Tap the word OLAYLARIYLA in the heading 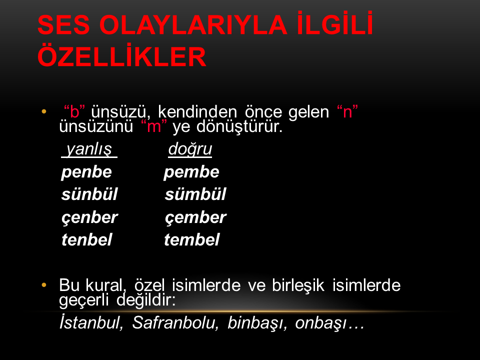pyautogui.click(x=193, y=25)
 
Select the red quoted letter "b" pyautogui.click(x=74, y=111)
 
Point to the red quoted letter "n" pyautogui.click(x=347, y=111)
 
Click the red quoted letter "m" pyautogui.click(x=154, y=126)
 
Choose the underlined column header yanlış pyautogui.click(x=89, y=149)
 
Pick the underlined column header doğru pyautogui.click(x=190, y=149)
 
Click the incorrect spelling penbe pyautogui.click(x=86, y=172)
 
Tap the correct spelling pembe pyautogui.click(x=191, y=172)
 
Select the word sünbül pyautogui.click(x=89, y=194)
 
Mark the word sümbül pyautogui.click(x=195, y=194)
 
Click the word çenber pyautogui.click(x=89, y=217)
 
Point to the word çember pyautogui.click(x=195, y=217)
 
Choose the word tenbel pyautogui.click(x=87, y=239)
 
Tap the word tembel pyautogui.click(x=192, y=239)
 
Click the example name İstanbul pyautogui.click(x=91, y=322)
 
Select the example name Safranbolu pyautogui.click(x=175, y=322)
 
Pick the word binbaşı pyautogui.click(x=257, y=322)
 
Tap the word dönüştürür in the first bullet pyautogui.click(x=239, y=126)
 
